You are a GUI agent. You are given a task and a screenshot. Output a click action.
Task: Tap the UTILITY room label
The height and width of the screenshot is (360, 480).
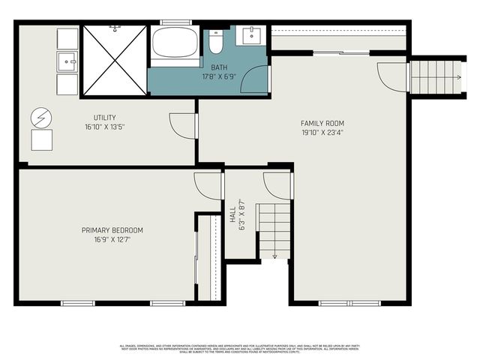tap(104, 118)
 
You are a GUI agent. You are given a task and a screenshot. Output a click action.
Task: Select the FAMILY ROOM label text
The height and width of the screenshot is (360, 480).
tap(322, 123)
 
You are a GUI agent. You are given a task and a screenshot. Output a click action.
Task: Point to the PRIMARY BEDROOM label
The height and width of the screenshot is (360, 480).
tap(112, 230)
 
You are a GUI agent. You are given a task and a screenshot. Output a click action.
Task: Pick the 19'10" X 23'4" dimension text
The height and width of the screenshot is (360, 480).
tap(322, 133)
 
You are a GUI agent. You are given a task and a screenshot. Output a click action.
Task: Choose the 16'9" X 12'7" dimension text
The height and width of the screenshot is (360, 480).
tap(112, 240)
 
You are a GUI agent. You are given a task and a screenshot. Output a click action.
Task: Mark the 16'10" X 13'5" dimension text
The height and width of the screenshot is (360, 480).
tap(104, 127)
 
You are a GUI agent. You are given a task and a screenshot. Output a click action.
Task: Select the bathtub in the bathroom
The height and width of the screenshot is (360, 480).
tap(175, 43)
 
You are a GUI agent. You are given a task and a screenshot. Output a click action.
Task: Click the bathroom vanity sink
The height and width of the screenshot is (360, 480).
tap(249, 36)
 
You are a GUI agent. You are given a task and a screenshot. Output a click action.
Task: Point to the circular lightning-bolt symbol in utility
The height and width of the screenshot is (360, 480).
tap(41, 118)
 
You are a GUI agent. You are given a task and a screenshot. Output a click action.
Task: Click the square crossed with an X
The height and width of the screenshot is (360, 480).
tap(115, 60)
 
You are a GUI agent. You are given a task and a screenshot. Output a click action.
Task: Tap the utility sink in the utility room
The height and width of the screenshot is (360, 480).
tap(67, 61)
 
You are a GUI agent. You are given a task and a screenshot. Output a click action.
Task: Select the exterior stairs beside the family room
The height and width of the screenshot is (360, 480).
tap(435, 76)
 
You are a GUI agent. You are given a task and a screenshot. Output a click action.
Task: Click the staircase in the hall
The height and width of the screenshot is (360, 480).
tap(275, 229)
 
